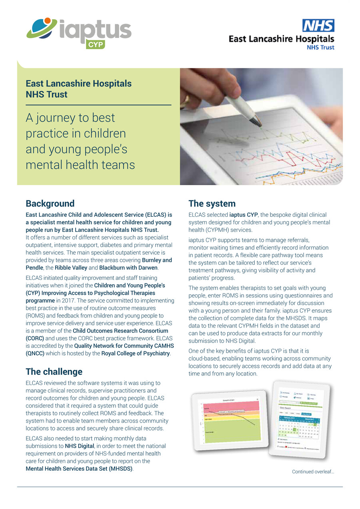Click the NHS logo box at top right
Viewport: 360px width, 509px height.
(x=318, y=26)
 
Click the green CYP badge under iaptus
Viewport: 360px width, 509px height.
(x=95, y=44)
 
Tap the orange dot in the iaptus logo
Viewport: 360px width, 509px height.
(x=48, y=20)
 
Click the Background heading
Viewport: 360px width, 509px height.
(x=50, y=204)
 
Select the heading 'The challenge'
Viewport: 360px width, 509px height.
(x=54, y=371)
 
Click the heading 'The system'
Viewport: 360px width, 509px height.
(x=212, y=204)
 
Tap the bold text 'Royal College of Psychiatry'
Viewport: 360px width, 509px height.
(x=136, y=353)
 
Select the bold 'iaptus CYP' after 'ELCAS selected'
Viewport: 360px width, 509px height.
(x=243, y=215)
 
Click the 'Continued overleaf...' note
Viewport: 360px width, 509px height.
(x=313, y=472)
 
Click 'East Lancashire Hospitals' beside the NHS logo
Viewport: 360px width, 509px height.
(x=281, y=39)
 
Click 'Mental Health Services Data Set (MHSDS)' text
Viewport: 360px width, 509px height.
(x=79, y=469)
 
